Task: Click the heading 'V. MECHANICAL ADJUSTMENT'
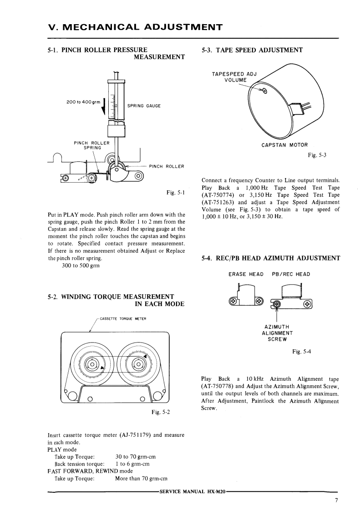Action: (x=135, y=27)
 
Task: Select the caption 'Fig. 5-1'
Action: (x=176, y=194)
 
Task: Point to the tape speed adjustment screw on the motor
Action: (x=265, y=91)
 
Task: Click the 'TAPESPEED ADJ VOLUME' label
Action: (x=235, y=77)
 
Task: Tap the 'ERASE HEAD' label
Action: (x=246, y=274)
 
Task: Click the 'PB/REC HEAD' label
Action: (x=291, y=274)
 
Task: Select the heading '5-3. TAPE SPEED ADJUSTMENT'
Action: (x=252, y=50)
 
